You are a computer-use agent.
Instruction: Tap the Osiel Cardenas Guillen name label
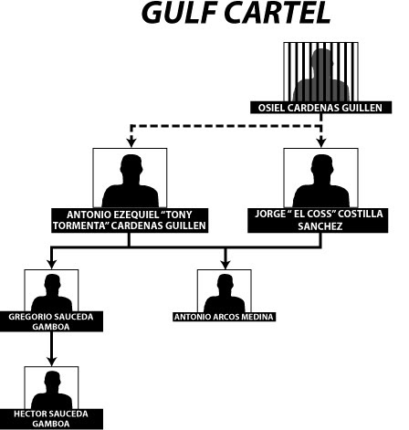point(320,108)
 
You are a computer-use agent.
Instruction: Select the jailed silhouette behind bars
point(321,75)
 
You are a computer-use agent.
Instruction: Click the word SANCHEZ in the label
point(320,226)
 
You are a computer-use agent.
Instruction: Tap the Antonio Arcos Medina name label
point(225,317)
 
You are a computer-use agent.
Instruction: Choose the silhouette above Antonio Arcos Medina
point(225,293)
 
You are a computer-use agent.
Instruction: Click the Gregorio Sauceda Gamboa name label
point(51,321)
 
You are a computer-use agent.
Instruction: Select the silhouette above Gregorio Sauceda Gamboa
point(52,293)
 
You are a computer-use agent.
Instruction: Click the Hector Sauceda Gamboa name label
point(51,418)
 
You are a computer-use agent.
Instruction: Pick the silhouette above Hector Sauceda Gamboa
point(52,390)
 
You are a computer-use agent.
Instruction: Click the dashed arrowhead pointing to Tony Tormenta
point(131,142)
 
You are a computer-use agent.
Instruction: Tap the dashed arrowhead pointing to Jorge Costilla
point(321,142)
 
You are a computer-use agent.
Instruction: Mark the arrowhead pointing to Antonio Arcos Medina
point(225,264)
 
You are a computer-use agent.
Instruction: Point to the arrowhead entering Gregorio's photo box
point(52,264)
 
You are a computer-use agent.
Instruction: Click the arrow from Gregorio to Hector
point(52,349)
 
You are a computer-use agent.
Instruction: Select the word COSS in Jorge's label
point(318,214)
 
